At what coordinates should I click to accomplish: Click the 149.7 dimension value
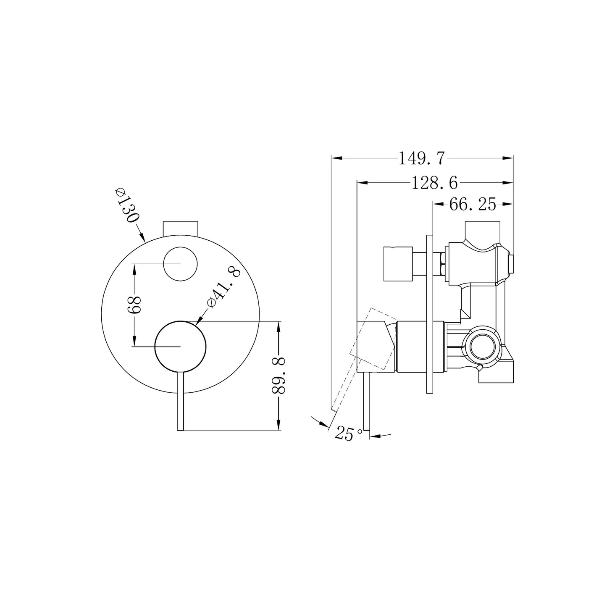(422, 158)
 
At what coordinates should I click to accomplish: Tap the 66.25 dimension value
(473, 205)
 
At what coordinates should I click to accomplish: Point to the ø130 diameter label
(127, 205)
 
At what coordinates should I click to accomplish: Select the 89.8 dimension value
(278, 376)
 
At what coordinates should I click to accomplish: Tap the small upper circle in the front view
(180, 264)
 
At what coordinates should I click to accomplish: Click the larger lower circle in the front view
(180, 347)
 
